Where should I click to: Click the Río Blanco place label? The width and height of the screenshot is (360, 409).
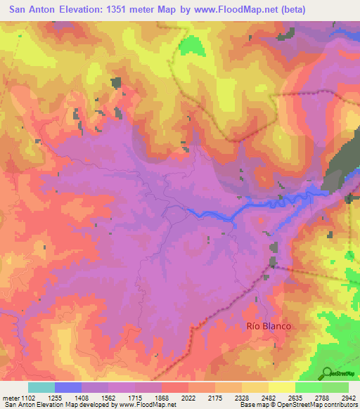(x=269, y=326)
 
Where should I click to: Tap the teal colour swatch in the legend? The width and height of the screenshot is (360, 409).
(x=41, y=387)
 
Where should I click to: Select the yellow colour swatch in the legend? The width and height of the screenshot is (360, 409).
(x=282, y=387)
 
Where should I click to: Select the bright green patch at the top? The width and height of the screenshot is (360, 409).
(x=189, y=46)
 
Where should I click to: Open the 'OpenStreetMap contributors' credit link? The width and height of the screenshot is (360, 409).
(x=316, y=405)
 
